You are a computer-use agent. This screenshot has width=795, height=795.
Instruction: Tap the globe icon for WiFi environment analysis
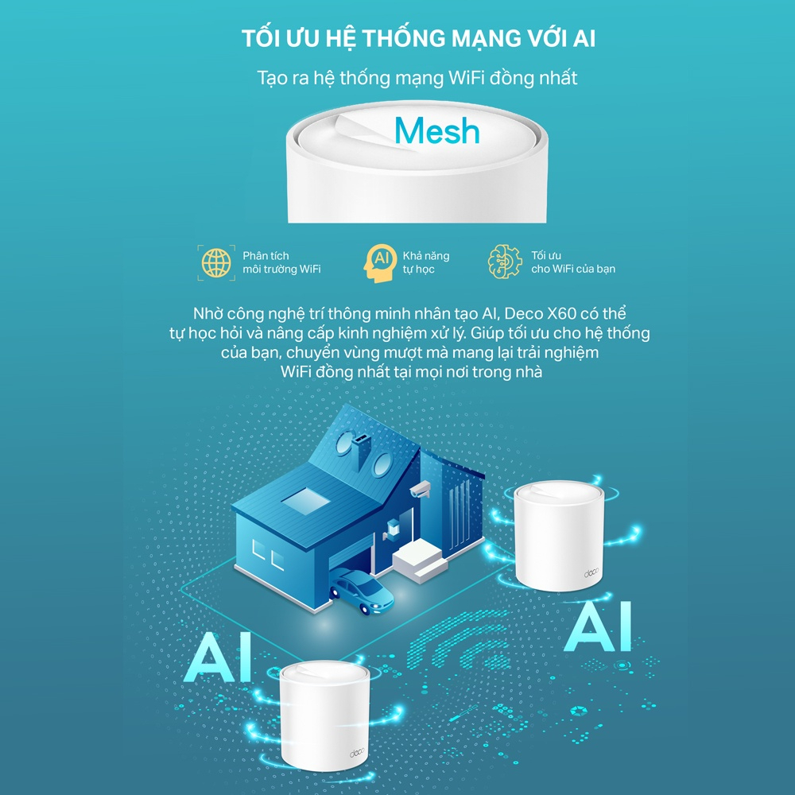click(x=215, y=262)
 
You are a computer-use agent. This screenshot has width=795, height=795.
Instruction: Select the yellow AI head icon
click(x=380, y=262)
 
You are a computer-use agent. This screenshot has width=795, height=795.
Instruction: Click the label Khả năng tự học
click(x=426, y=262)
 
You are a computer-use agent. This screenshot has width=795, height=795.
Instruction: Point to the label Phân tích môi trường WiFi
click(x=281, y=262)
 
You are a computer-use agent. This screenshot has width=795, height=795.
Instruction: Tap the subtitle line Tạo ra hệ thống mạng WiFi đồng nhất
click(x=417, y=78)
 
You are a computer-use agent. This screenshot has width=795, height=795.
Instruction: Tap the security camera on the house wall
click(x=420, y=488)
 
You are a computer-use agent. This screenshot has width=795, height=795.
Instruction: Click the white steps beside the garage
click(x=418, y=560)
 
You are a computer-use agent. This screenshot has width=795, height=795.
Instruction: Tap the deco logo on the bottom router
click(x=356, y=754)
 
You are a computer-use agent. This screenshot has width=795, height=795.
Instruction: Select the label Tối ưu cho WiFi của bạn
click(x=572, y=262)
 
